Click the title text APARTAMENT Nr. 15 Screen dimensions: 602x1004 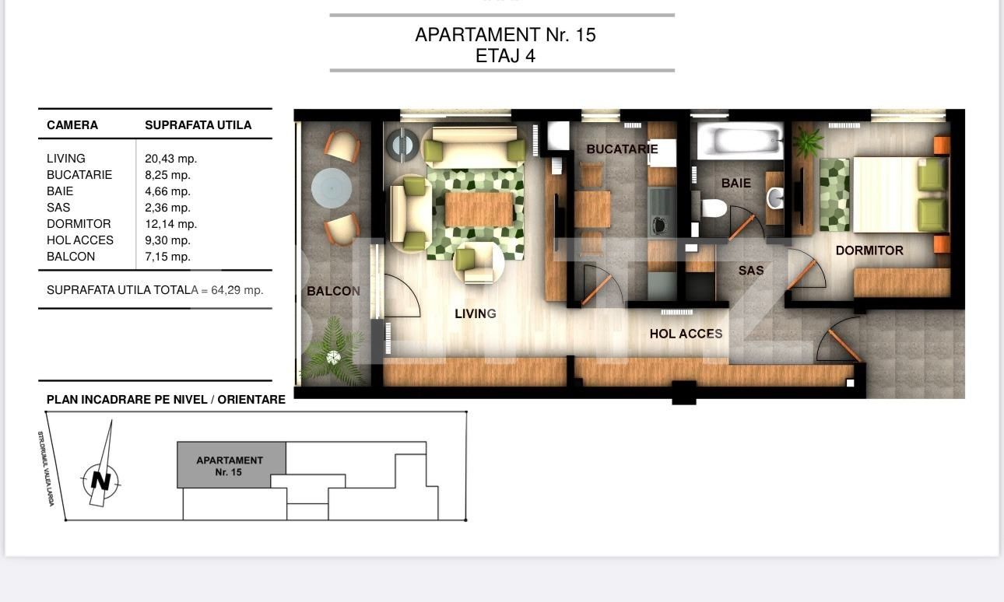[x=505, y=35]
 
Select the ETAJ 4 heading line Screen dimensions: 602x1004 [x=505, y=56]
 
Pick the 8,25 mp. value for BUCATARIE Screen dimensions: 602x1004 [x=167, y=175]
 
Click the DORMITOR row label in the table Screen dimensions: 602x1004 [x=79, y=224]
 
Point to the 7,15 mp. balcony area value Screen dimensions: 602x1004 [x=167, y=257]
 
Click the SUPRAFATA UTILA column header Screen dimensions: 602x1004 [x=198, y=125]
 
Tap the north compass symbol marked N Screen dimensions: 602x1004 [x=100, y=480]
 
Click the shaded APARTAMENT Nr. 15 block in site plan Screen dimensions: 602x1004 [x=230, y=465]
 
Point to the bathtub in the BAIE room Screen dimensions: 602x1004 [x=739, y=142]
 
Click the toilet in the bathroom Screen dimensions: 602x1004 [x=713, y=208]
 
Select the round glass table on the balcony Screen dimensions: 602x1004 [x=332, y=187]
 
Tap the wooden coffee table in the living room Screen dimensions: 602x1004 [x=479, y=208]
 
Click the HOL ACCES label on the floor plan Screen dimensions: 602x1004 [x=686, y=334]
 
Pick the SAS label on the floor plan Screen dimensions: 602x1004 [x=751, y=271]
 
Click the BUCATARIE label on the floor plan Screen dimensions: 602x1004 [x=622, y=149]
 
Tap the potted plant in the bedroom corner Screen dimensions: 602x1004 [x=809, y=142]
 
